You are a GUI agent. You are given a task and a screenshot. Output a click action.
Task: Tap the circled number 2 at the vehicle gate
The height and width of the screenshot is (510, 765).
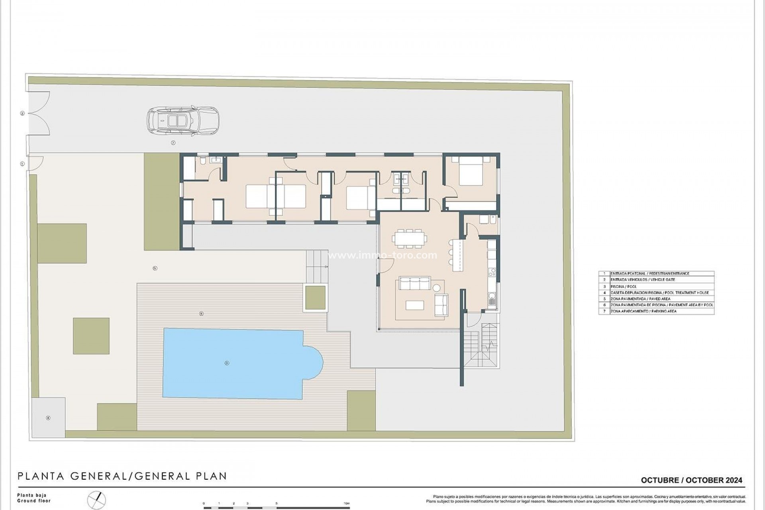[22, 114]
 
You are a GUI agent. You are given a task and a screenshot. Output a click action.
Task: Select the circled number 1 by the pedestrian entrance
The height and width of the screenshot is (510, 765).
[22, 164]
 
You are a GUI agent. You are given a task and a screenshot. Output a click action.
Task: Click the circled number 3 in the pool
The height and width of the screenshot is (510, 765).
[227, 363]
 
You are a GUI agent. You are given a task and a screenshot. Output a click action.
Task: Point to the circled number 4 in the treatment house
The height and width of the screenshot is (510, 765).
[48, 418]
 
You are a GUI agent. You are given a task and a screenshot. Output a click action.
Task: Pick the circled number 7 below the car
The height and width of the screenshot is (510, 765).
[173, 143]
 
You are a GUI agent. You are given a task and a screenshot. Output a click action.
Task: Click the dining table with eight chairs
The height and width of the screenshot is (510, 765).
[410, 239]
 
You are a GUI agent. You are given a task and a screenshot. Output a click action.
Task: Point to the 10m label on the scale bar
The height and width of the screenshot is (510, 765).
[346, 504]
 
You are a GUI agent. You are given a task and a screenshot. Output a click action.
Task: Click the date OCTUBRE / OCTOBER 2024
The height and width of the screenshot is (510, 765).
[691, 480]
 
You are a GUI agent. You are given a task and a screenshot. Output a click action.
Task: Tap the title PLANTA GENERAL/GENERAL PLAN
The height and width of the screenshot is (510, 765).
[122, 476]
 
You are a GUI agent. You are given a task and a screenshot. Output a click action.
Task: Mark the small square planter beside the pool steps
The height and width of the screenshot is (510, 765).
[315, 298]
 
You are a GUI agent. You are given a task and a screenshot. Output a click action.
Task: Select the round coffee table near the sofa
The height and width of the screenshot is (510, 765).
[437, 288]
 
